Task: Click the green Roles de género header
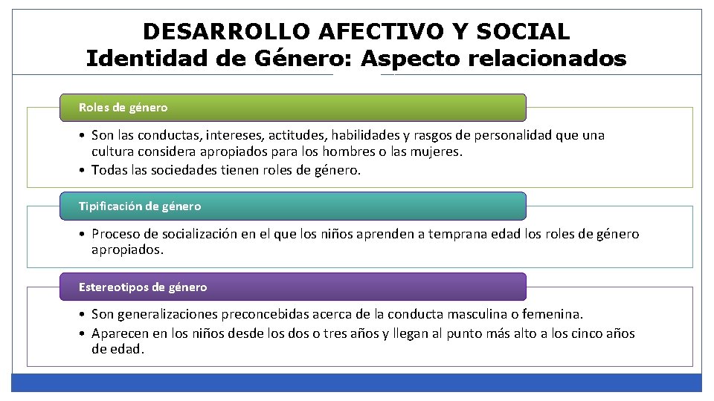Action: pos(292,108)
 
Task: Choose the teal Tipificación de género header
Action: pos(292,206)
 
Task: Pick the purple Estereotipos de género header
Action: pos(292,287)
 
